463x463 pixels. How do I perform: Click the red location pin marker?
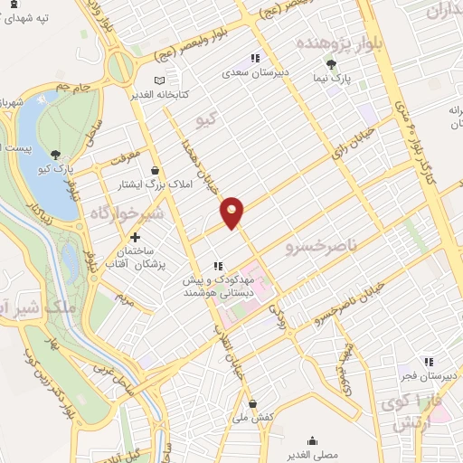tap(232, 211)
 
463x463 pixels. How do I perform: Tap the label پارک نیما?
tap(332, 80)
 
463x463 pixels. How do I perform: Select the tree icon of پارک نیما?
tap(332, 63)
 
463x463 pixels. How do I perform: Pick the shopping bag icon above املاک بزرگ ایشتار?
tap(156, 170)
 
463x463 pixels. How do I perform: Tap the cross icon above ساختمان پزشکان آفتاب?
tap(135, 237)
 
